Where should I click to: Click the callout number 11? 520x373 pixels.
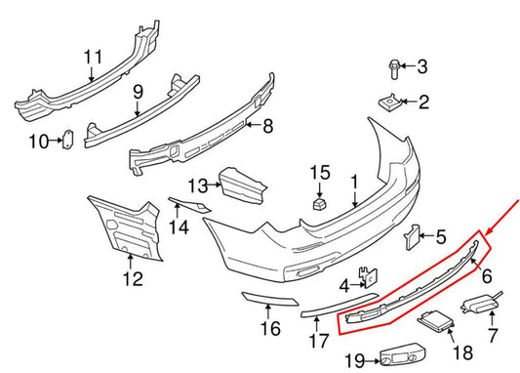(93, 56)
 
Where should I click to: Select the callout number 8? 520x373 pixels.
(267, 126)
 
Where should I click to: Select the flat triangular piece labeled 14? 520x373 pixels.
(185, 205)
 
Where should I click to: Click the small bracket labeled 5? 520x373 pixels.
(413, 235)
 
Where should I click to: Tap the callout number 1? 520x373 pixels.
(355, 182)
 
